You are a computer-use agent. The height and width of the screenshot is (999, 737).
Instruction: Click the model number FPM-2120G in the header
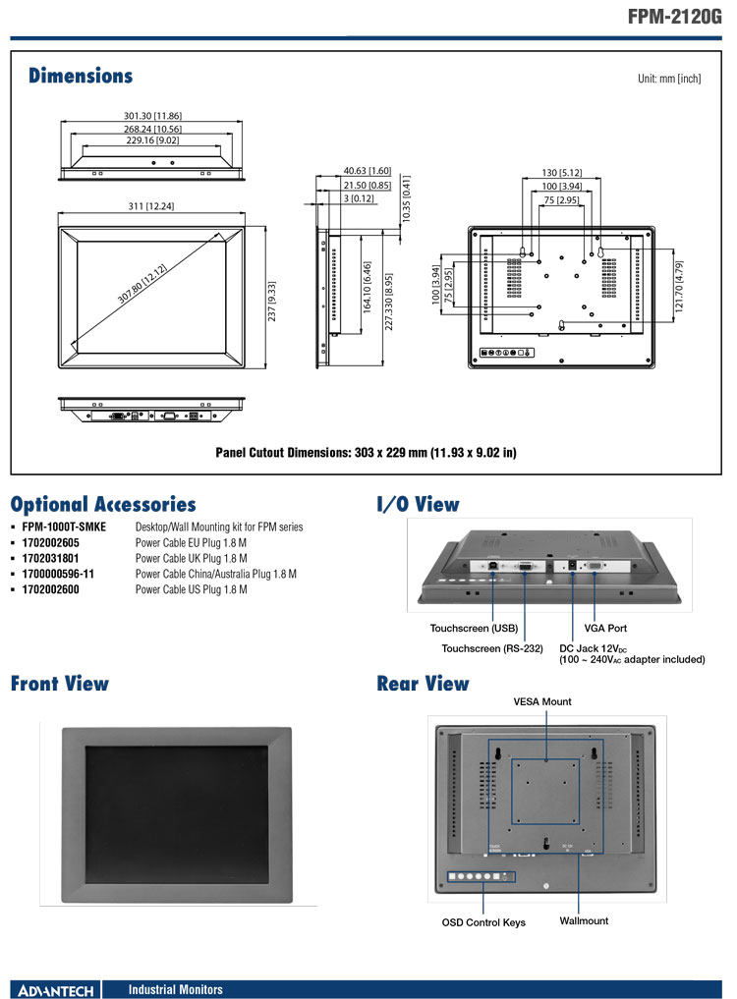674,16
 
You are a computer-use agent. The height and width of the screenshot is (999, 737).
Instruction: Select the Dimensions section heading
81,76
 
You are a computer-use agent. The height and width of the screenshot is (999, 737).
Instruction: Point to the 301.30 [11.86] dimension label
152,116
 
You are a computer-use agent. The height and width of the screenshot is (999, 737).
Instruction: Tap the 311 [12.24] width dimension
151,205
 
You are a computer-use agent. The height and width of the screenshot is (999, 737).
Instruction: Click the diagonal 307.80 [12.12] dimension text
142,283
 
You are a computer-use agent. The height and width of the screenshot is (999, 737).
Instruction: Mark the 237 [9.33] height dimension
271,302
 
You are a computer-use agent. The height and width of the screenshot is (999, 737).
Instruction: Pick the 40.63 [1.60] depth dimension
368,171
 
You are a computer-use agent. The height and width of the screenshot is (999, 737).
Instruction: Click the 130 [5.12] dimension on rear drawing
562,173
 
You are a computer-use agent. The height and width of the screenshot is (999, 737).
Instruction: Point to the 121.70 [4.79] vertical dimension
679,286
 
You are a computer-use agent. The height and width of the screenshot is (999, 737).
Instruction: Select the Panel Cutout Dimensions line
366,453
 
